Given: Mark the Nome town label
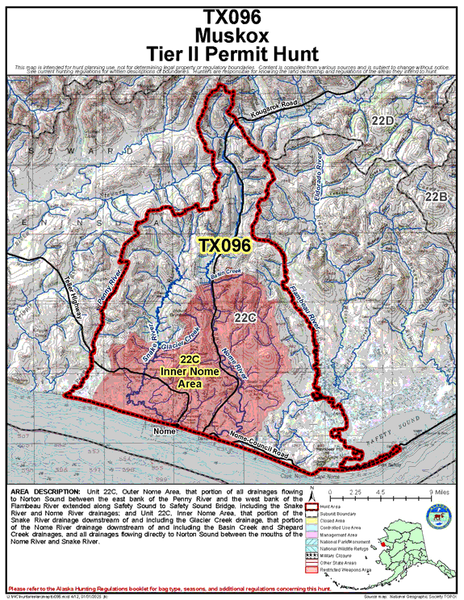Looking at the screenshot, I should tap(164, 431).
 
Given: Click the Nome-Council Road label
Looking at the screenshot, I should tap(256, 443).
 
